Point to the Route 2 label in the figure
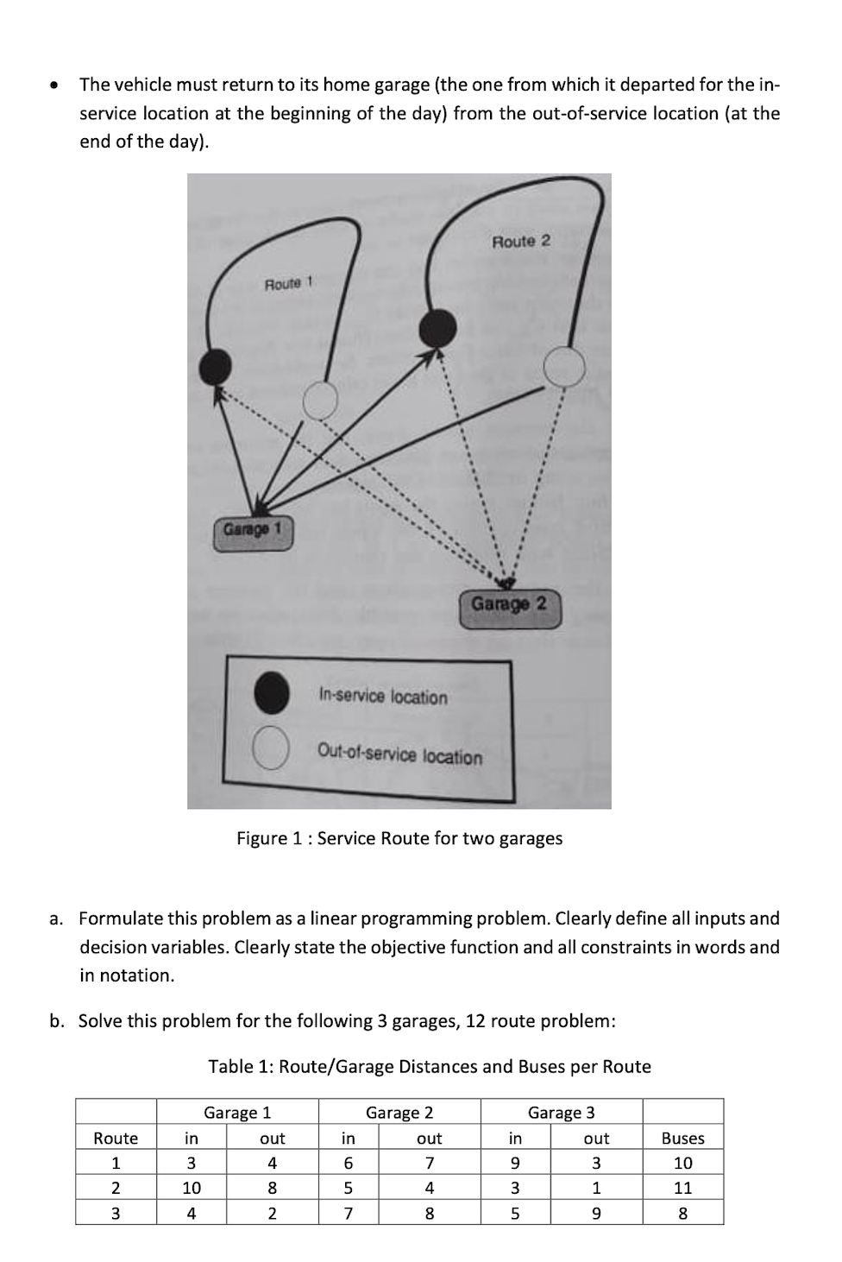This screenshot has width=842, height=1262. click(x=520, y=242)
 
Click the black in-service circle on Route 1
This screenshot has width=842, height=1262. click(x=215, y=367)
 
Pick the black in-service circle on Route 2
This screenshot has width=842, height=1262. click(x=438, y=326)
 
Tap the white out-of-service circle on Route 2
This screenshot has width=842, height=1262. click(x=564, y=366)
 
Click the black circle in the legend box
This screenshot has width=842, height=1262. click(x=271, y=693)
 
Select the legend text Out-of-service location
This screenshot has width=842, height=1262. click(x=399, y=754)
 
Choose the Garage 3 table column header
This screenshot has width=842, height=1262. click(x=562, y=1113)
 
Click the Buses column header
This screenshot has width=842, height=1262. click(x=682, y=1138)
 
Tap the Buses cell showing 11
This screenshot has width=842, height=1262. click(x=682, y=1188)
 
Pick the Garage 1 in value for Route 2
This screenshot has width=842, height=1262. click(x=192, y=1188)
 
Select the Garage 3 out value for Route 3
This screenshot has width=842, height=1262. click(x=596, y=1213)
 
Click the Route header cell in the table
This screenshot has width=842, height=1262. click(x=116, y=1138)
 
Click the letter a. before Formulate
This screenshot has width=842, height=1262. click(x=57, y=918)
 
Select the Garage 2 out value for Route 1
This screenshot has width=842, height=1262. click(x=429, y=1163)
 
